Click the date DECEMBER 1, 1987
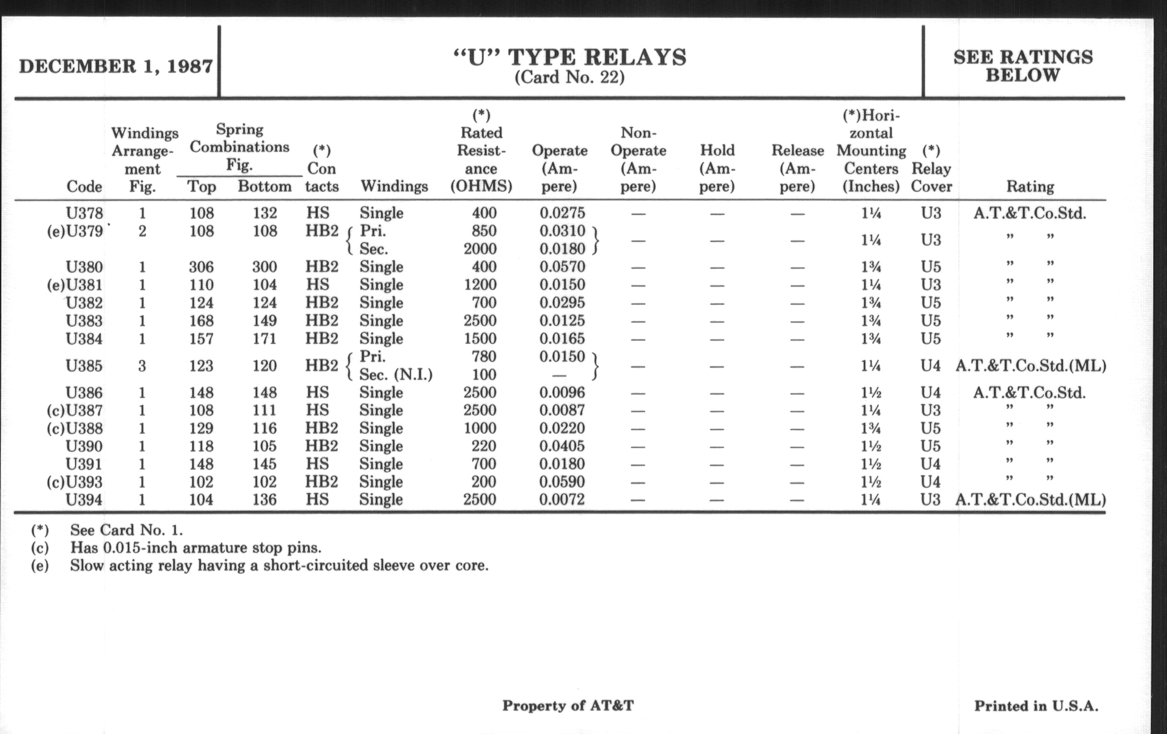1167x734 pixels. (116, 66)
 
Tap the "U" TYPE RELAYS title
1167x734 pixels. (570, 57)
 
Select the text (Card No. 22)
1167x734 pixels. (570, 78)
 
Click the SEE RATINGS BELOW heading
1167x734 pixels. (1023, 66)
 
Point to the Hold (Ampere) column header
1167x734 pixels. (717, 168)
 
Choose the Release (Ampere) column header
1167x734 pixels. (798, 168)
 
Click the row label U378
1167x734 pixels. (84, 213)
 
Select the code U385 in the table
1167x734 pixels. (84, 366)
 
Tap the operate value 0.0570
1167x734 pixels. (562, 266)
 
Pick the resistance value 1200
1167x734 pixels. (480, 284)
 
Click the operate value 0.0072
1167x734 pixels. (562, 499)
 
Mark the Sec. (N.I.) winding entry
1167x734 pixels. (396, 375)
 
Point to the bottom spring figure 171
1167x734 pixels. (264, 338)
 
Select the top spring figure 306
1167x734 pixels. (201, 266)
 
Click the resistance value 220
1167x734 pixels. (484, 446)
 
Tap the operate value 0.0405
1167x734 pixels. (562, 446)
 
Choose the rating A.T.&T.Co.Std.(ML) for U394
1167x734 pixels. (1030, 499)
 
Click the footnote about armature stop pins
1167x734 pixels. (196, 548)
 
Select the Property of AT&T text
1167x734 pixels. (568, 705)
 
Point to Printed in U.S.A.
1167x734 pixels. (1036, 706)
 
